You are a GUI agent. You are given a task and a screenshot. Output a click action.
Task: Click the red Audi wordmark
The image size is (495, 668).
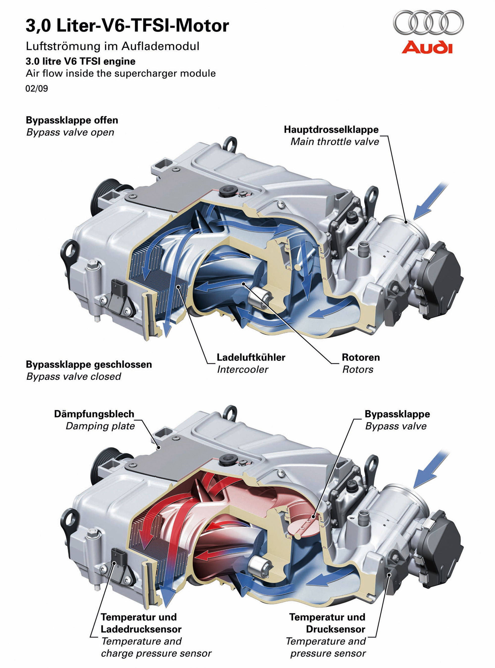click(x=427, y=47)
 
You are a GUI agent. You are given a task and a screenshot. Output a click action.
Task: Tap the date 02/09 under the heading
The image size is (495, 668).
click(x=37, y=89)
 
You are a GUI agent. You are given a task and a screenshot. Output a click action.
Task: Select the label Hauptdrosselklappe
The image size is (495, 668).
click(x=331, y=129)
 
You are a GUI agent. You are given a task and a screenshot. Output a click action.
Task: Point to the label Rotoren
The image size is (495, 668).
click(x=361, y=357)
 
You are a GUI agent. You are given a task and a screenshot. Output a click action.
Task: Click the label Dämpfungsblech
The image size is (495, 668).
click(x=94, y=414)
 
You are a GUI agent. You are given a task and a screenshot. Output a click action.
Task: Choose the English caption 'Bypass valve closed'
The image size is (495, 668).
click(x=74, y=376)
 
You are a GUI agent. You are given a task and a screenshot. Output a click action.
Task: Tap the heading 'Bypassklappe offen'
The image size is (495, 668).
click(x=72, y=120)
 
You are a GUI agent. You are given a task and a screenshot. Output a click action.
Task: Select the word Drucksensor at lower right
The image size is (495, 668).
click(x=336, y=629)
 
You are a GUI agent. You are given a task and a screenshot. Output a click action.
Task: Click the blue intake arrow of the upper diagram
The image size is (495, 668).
click(x=431, y=201)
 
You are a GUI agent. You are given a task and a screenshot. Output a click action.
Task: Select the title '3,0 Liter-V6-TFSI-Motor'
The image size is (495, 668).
click(x=127, y=26)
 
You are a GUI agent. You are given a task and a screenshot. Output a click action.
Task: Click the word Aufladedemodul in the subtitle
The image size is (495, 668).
click(x=160, y=46)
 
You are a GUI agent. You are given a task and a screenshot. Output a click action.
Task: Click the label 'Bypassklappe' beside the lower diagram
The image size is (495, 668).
click(x=397, y=414)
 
